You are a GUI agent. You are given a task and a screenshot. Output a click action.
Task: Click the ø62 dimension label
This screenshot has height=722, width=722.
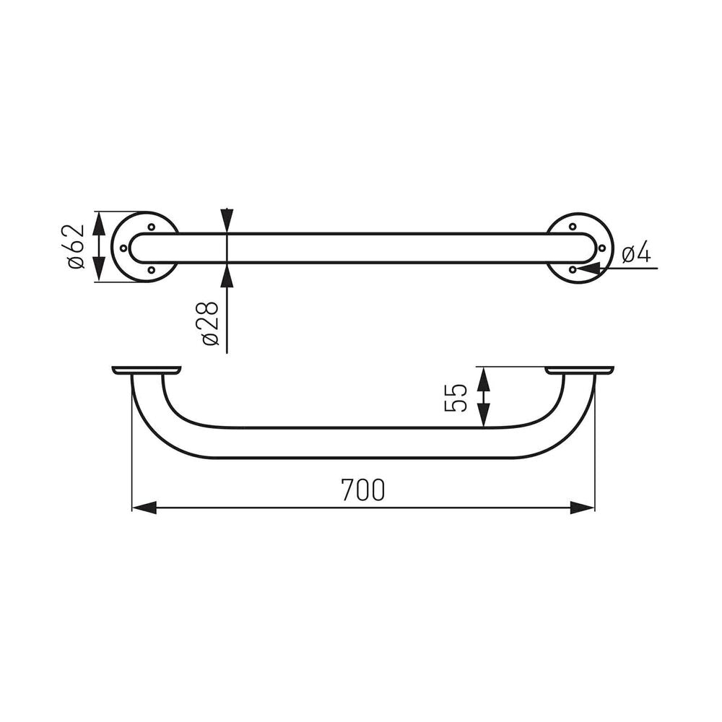pyautogui.click(x=76, y=247)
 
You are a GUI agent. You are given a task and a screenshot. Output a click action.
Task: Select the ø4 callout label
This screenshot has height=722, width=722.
pyautogui.click(x=636, y=254)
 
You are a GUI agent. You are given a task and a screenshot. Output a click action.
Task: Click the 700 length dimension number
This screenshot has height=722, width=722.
pyautogui.click(x=363, y=490)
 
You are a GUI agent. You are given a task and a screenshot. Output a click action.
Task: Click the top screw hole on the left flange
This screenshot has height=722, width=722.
pyautogui.click(x=151, y=227)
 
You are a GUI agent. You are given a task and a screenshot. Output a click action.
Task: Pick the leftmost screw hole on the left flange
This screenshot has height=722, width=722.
pyautogui.click(x=123, y=248)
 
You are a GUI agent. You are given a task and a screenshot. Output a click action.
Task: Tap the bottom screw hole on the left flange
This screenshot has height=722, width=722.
pyautogui.click(x=151, y=269)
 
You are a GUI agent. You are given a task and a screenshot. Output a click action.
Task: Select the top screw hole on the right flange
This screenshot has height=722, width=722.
pyautogui.click(x=573, y=227)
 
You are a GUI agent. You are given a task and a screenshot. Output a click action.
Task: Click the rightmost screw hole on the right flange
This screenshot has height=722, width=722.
pyautogui.click(x=601, y=248)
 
